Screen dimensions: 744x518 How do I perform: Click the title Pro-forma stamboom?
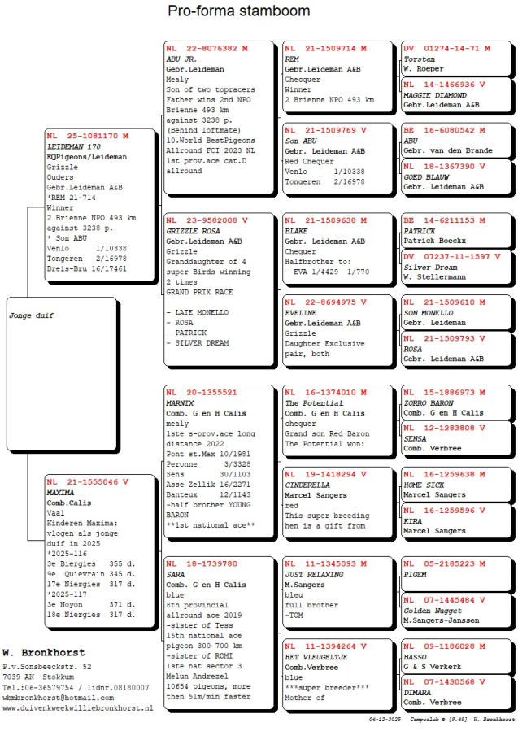click(238, 11)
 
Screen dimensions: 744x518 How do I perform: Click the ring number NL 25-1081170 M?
click(87, 135)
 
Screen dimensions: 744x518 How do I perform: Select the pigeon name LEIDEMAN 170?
click(72, 146)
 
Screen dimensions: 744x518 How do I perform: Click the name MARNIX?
click(180, 403)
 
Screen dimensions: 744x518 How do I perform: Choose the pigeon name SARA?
click(175, 574)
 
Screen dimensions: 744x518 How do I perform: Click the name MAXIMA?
click(61, 493)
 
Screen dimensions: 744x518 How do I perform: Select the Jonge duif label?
click(32, 315)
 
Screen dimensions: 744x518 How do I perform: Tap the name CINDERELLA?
click(307, 484)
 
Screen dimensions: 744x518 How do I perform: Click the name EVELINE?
click(299, 312)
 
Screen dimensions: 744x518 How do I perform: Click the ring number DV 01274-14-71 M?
click(446, 49)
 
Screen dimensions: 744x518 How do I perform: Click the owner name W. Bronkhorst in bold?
click(43, 653)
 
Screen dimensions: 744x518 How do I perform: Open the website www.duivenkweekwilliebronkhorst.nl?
click(77, 708)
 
